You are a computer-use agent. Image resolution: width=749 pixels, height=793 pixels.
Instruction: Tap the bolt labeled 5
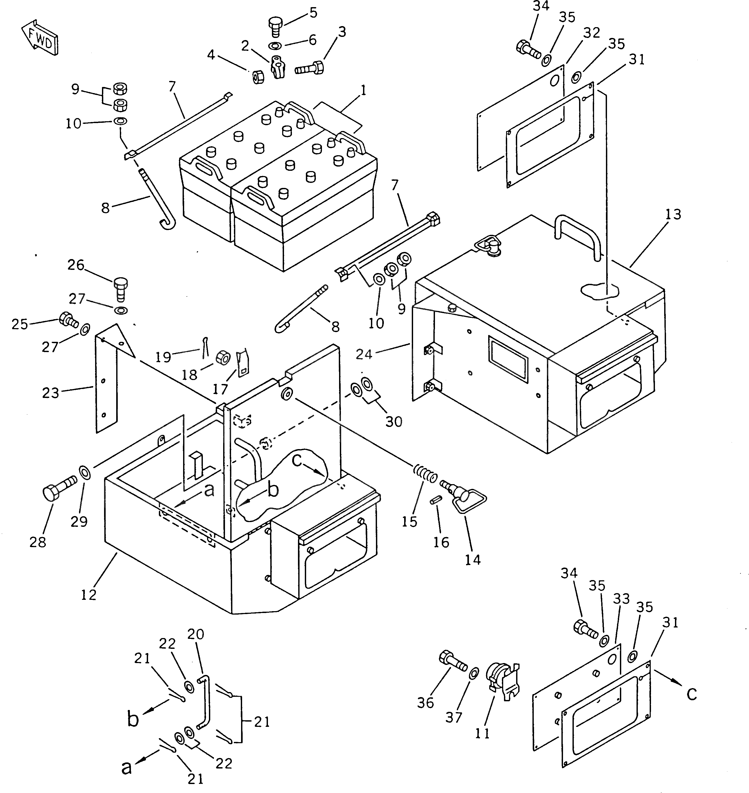click(274, 26)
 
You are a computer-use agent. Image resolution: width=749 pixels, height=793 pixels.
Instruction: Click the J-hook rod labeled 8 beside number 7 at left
click(158, 200)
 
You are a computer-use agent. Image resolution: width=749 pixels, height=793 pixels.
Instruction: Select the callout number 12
click(89, 595)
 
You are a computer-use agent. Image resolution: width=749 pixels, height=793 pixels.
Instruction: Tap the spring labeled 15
click(424, 474)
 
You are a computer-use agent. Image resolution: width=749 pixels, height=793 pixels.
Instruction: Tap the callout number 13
click(673, 215)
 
